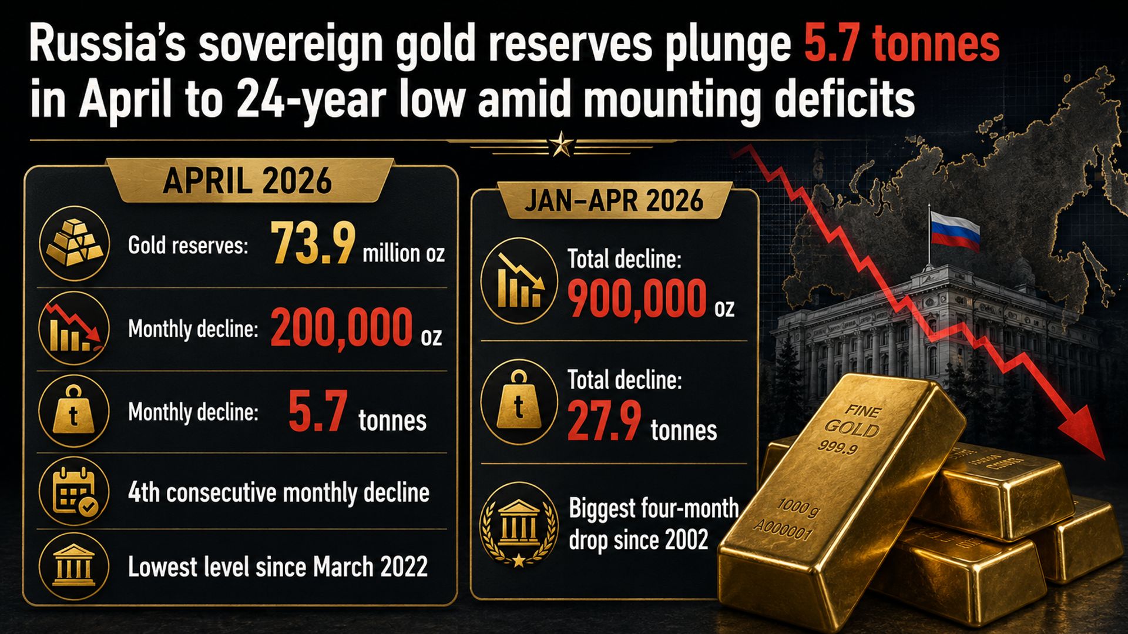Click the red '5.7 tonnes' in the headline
(901, 44)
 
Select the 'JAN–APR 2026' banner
(613, 200)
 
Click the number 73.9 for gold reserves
(313, 242)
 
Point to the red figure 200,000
(341, 327)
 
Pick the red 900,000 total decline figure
(637, 298)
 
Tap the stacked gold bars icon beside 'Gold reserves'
(74, 243)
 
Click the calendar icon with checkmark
(74, 491)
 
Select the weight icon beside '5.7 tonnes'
(74, 410)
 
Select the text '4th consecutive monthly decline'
(278, 492)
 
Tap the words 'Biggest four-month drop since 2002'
(653, 524)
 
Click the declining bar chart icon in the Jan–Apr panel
(518, 281)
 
